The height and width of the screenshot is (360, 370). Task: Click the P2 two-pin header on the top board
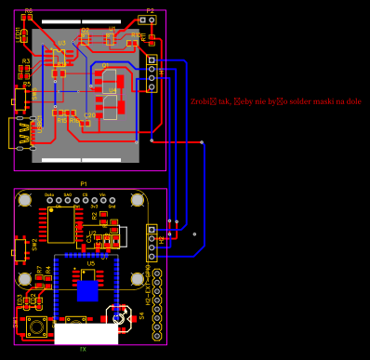point(147,20)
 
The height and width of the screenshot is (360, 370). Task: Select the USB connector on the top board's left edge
point(18,131)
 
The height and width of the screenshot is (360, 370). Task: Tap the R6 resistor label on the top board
point(28,11)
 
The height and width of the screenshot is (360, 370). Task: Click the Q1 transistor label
point(105,65)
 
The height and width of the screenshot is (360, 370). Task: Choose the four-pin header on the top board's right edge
point(152,74)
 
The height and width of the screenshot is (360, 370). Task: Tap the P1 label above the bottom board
point(84,184)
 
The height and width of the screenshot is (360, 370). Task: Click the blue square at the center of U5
point(86,290)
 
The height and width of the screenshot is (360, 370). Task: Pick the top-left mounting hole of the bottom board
point(25,200)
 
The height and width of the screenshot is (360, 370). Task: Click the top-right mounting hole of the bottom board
point(137,200)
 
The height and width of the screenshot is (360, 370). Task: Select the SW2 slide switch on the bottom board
point(20,248)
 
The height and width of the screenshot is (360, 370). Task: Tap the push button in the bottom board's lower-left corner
point(36,327)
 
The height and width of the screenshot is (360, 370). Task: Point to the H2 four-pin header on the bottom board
point(152,244)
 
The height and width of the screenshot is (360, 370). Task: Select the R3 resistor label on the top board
point(26,60)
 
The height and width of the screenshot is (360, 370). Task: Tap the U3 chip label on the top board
point(61,43)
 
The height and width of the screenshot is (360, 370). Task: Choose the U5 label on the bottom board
point(90,263)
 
